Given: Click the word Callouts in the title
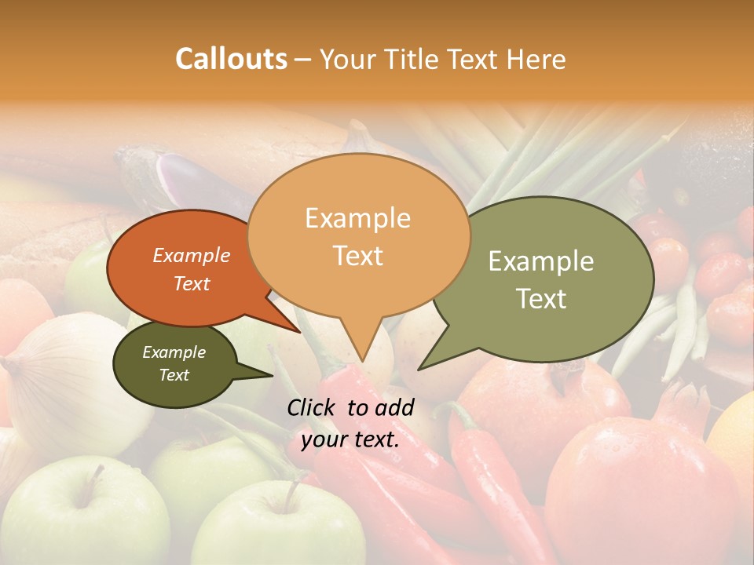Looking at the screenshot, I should [x=231, y=59].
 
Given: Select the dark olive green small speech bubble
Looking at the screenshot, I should [x=174, y=364].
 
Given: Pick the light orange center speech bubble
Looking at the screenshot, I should [x=358, y=235].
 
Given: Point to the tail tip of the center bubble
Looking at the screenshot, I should [x=362, y=359].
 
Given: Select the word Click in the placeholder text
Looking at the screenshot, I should [x=313, y=407].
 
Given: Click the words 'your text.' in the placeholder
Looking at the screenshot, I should [x=350, y=439].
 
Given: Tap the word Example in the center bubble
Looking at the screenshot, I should [x=357, y=218].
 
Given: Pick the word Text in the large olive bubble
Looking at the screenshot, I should [x=542, y=299].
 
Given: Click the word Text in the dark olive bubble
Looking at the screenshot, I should [x=174, y=375].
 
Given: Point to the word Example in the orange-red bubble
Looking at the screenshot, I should [x=191, y=255].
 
